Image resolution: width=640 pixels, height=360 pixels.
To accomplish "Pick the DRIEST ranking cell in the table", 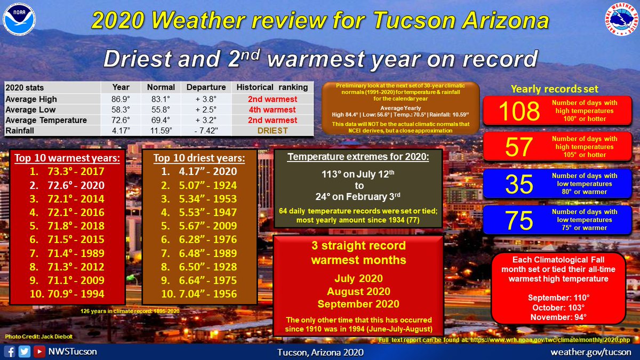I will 272,131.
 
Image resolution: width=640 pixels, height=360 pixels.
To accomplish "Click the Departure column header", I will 206,87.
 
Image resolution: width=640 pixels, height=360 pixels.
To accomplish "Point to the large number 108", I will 518,111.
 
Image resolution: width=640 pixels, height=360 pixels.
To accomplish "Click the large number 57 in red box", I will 518,147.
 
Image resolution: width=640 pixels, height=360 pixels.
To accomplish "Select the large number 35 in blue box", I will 518,183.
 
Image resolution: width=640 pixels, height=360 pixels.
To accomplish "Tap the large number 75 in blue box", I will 518,220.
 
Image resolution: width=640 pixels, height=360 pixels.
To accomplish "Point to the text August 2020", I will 358,292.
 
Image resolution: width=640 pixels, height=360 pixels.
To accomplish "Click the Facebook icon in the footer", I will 9,352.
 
